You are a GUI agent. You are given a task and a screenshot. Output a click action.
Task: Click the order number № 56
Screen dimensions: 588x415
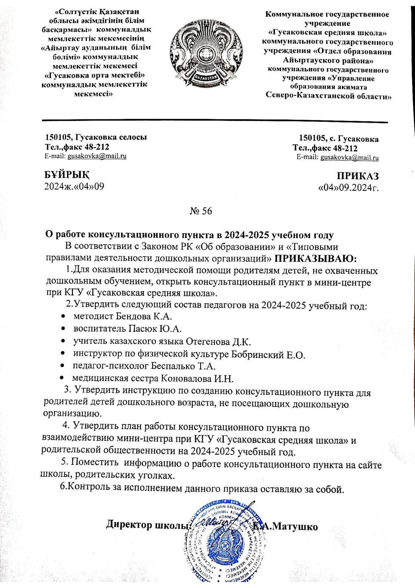201,211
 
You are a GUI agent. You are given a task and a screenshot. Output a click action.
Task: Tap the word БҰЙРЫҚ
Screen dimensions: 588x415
66,175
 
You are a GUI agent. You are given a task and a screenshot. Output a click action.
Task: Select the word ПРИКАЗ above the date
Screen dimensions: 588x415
358,176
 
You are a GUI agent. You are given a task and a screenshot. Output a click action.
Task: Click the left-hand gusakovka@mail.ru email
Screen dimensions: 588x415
97,156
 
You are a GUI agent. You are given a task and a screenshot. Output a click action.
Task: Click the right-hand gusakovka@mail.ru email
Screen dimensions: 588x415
349,158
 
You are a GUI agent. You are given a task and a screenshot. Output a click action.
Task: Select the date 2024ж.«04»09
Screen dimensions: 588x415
74,186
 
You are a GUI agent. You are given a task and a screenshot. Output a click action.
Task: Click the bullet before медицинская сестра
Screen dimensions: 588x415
63,378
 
